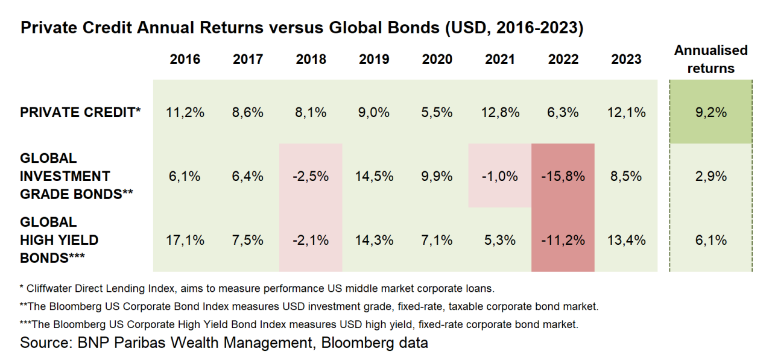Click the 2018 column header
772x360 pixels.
click(311, 59)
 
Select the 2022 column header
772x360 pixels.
click(563, 59)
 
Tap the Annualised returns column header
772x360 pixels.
click(710, 59)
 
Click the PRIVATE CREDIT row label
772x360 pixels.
click(80, 112)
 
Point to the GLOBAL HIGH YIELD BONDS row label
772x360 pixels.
click(59, 240)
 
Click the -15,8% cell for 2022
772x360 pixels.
click(563, 176)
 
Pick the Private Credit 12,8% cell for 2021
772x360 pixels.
click(500, 112)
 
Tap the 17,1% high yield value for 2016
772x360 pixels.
click(185, 240)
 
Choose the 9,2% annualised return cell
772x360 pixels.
click(710, 112)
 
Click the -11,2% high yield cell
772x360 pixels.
click(563, 240)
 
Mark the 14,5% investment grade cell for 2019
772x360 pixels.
click(374, 176)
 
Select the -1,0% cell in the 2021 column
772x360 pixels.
click(500, 176)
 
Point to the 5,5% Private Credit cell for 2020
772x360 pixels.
click(437, 112)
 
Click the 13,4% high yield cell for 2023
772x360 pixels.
click(626, 240)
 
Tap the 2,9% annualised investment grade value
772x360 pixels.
click(710, 176)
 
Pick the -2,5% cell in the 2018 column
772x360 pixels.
click(311, 176)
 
